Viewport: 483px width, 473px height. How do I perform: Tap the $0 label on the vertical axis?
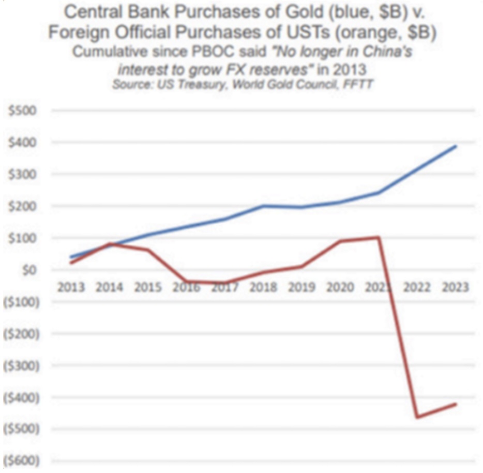coord(25,270)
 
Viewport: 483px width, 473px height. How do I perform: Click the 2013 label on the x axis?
coord(71,287)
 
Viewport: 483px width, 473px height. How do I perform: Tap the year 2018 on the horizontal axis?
coord(264,287)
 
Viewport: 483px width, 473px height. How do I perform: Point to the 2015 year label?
coord(148,287)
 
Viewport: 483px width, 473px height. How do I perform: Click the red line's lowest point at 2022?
coord(417,417)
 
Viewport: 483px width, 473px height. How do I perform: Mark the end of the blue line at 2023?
coord(456,146)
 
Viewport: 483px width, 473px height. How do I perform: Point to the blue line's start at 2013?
coord(71,257)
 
